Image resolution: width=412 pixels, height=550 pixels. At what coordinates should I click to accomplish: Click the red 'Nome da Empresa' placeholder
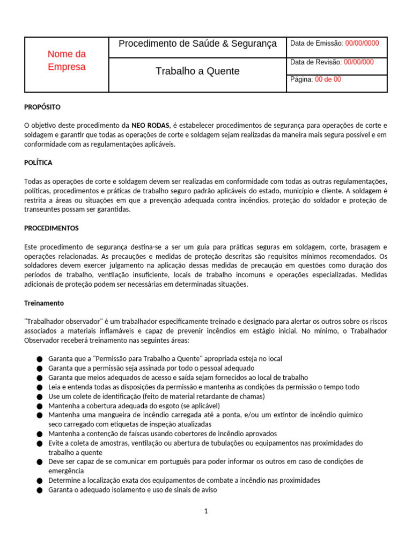[x=67, y=60]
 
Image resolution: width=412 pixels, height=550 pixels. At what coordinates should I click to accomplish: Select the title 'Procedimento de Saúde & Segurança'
[x=197, y=44]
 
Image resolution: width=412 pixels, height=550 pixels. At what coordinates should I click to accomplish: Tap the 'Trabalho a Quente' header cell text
[x=197, y=71]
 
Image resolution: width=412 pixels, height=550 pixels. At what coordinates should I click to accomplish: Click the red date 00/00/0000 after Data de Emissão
[x=362, y=44]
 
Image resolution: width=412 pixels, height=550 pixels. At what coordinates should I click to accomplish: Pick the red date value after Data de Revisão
[x=359, y=62]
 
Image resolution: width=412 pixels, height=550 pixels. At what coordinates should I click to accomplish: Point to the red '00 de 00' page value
[x=328, y=79]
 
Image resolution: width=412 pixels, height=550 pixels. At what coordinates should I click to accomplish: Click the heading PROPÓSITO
[x=42, y=107]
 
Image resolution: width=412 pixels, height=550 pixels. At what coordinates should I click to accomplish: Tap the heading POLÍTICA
[x=38, y=163]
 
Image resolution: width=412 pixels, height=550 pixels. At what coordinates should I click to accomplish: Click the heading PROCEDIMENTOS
[x=51, y=228]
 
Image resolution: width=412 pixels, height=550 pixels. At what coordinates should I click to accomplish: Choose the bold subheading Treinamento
[x=44, y=303]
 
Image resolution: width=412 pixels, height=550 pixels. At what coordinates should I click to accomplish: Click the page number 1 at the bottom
[x=206, y=511]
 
